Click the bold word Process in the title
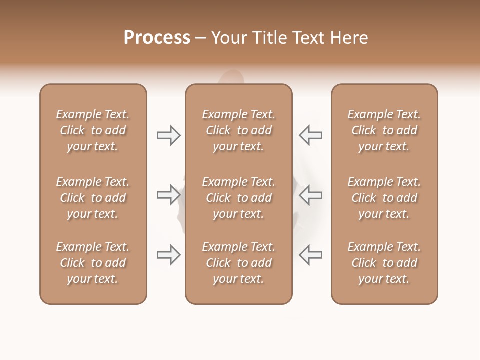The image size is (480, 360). point(157,38)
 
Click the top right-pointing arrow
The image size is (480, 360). point(169,135)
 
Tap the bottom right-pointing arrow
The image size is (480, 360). point(169,255)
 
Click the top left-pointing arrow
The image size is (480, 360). point(310,135)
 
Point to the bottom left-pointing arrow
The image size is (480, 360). point(310,255)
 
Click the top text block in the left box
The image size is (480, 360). point(93,130)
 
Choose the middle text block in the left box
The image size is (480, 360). point(93,198)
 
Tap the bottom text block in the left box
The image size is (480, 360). point(93,263)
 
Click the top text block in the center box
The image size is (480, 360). point(238,130)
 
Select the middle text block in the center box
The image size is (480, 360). point(238,198)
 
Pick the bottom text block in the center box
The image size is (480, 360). point(238,263)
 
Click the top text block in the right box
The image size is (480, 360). point(384,130)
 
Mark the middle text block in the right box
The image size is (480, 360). point(384,198)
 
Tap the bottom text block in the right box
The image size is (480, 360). point(384,263)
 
